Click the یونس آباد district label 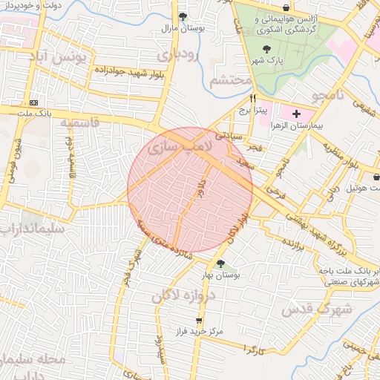point(62,56)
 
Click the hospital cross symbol point(297,114)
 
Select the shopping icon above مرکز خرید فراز point(198,320)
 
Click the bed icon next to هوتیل point(376,177)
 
